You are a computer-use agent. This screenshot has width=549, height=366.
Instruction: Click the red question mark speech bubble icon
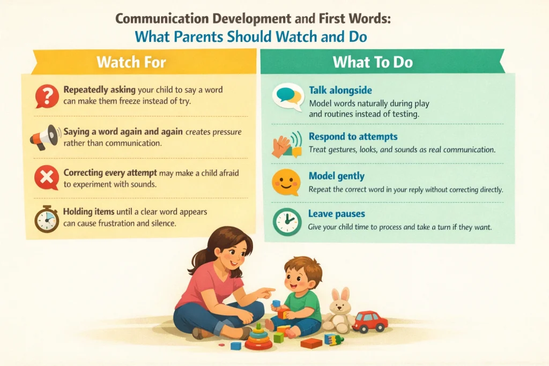(x=47, y=96)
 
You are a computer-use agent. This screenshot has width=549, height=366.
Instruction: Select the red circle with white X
(x=47, y=177)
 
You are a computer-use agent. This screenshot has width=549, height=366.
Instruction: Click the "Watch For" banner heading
(x=131, y=62)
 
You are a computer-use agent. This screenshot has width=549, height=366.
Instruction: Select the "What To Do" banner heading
(x=373, y=62)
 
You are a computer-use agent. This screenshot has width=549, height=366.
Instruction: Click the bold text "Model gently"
(x=336, y=176)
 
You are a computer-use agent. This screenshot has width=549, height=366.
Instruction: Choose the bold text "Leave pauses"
(x=336, y=214)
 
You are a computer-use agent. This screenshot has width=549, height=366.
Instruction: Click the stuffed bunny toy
(x=338, y=311)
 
